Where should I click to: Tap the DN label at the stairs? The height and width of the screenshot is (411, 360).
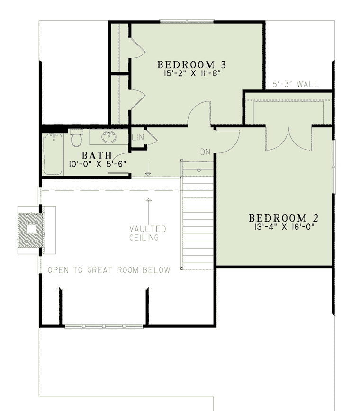[205, 152]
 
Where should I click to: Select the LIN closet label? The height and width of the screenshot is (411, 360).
[137, 137]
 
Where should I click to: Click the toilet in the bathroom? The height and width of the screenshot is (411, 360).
[76, 139]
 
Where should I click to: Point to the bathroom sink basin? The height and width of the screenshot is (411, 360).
[109, 138]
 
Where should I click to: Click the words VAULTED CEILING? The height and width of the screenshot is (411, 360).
[148, 233]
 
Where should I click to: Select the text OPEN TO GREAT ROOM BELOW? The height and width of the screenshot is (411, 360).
[109, 270]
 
